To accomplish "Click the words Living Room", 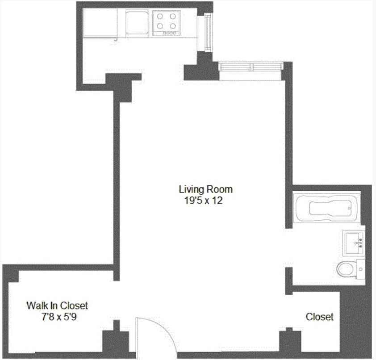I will pos(205,189).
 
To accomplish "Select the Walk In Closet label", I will pos(57,306).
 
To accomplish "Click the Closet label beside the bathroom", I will pos(319,317).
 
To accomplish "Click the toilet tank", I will pos(361,269).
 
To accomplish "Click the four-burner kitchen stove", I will pos(166,23).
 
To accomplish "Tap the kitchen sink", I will pos(134,22).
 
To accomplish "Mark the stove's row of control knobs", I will pos(170,33).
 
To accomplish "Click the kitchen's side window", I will pos(208,33).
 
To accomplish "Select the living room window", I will pos(251,67).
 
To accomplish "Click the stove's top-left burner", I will pos(159,17).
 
